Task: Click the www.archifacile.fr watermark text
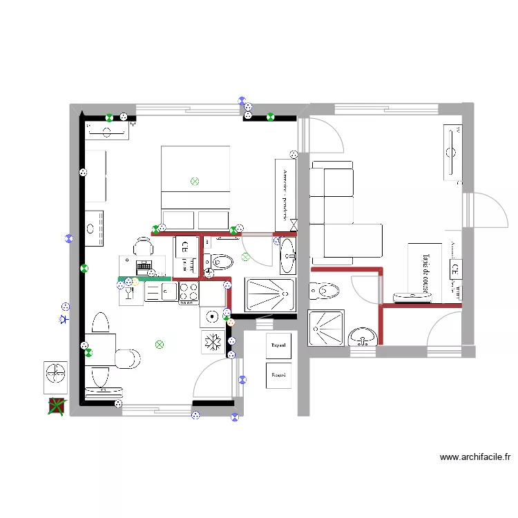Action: (474, 457)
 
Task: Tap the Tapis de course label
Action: (425, 272)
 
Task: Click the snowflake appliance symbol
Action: (213, 342)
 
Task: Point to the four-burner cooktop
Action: (189, 293)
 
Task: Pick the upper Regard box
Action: (279, 345)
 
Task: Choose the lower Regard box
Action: (279, 375)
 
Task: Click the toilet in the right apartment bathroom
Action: (323, 291)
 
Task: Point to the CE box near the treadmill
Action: (455, 269)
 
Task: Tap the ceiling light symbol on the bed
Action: (195, 181)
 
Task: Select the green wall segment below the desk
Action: (143, 278)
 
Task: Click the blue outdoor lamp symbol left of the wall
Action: (64, 319)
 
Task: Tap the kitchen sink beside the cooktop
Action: (161, 292)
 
